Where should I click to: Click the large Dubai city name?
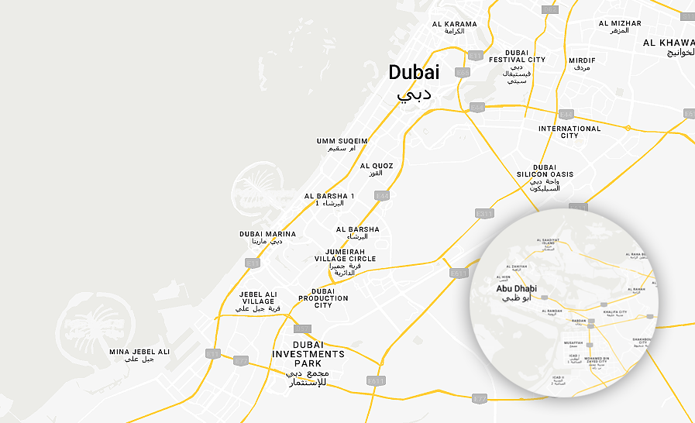tap(414, 73)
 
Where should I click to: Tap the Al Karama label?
tap(455, 24)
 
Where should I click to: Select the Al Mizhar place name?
tap(620, 23)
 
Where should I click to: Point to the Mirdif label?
tap(582, 60)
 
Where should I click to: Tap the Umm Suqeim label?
tap(342, 141)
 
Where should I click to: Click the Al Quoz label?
tap(377, 166)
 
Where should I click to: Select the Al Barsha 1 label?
tap(329, 196)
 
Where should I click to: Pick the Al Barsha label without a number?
tap(358, 229)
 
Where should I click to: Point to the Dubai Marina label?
tap(267, 234)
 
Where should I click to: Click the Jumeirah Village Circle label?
tap(345, 259)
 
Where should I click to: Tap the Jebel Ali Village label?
tap(258, 297)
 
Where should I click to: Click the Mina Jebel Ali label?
tap(139, 352)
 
